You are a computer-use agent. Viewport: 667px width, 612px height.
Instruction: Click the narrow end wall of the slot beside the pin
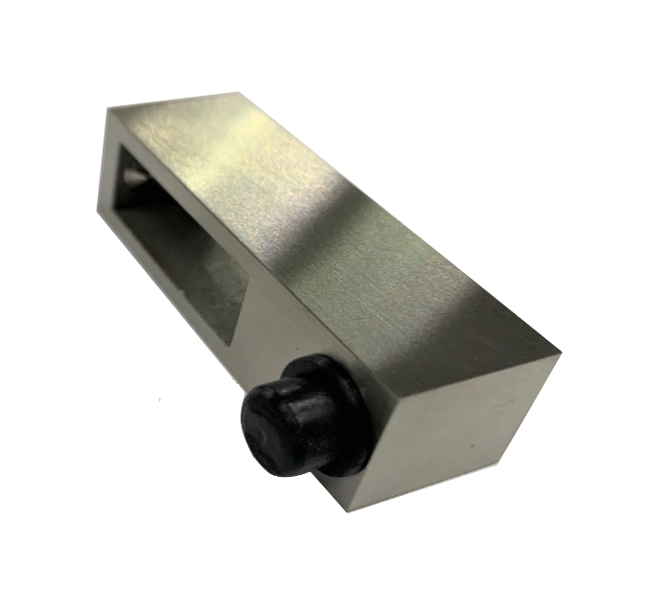(x=120, y=192)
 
